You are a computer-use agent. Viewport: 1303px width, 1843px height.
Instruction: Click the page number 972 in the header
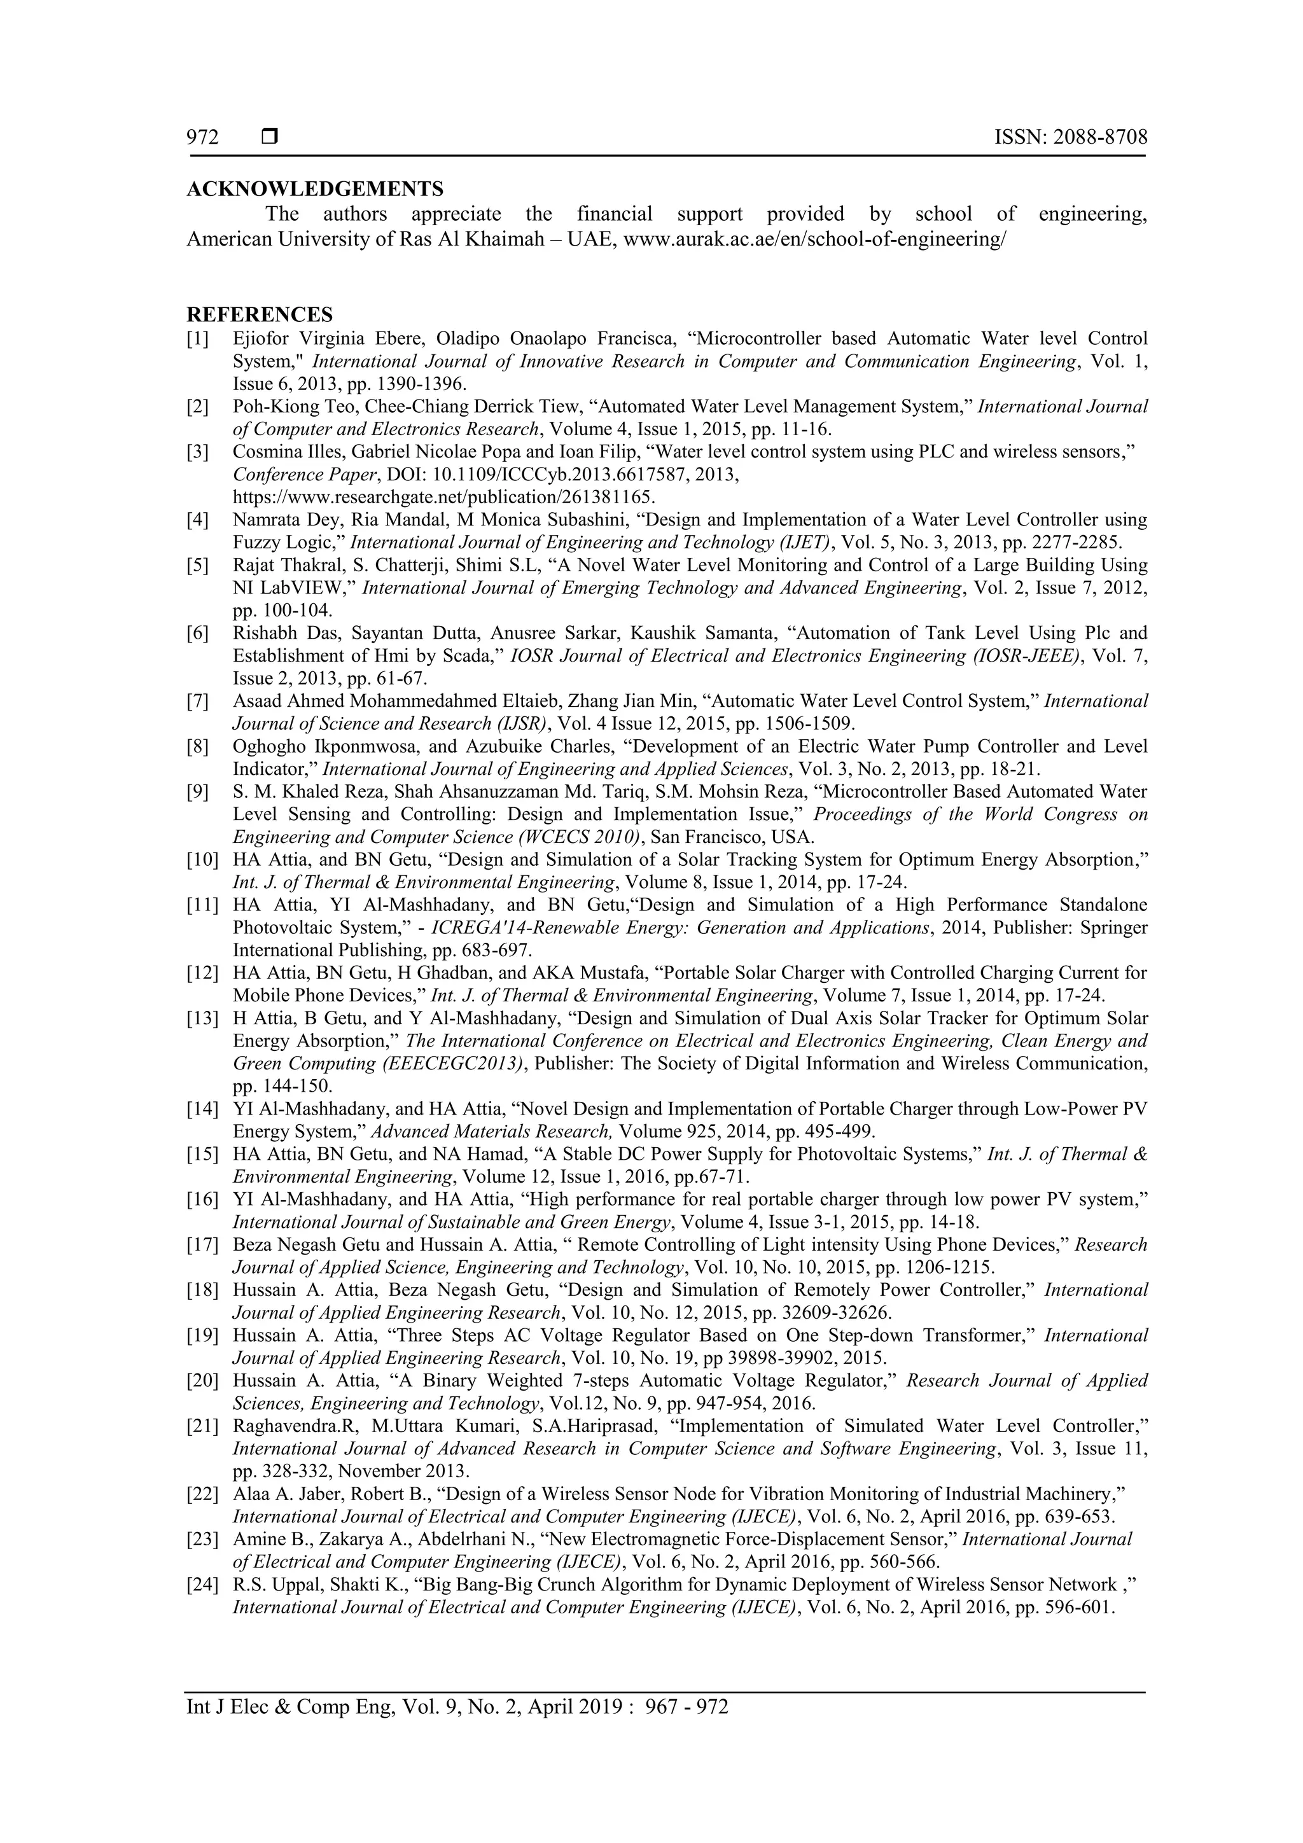coord(202,138)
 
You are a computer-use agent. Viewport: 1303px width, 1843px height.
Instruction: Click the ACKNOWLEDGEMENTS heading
coord(315,190)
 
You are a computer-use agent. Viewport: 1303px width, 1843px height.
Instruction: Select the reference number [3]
coord(197,452)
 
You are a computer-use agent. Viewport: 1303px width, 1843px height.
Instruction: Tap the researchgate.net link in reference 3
coord(443,497)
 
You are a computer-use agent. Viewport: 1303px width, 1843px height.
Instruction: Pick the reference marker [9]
coord(197,792)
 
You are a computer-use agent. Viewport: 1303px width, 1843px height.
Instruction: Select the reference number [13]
coord(202,1019)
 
